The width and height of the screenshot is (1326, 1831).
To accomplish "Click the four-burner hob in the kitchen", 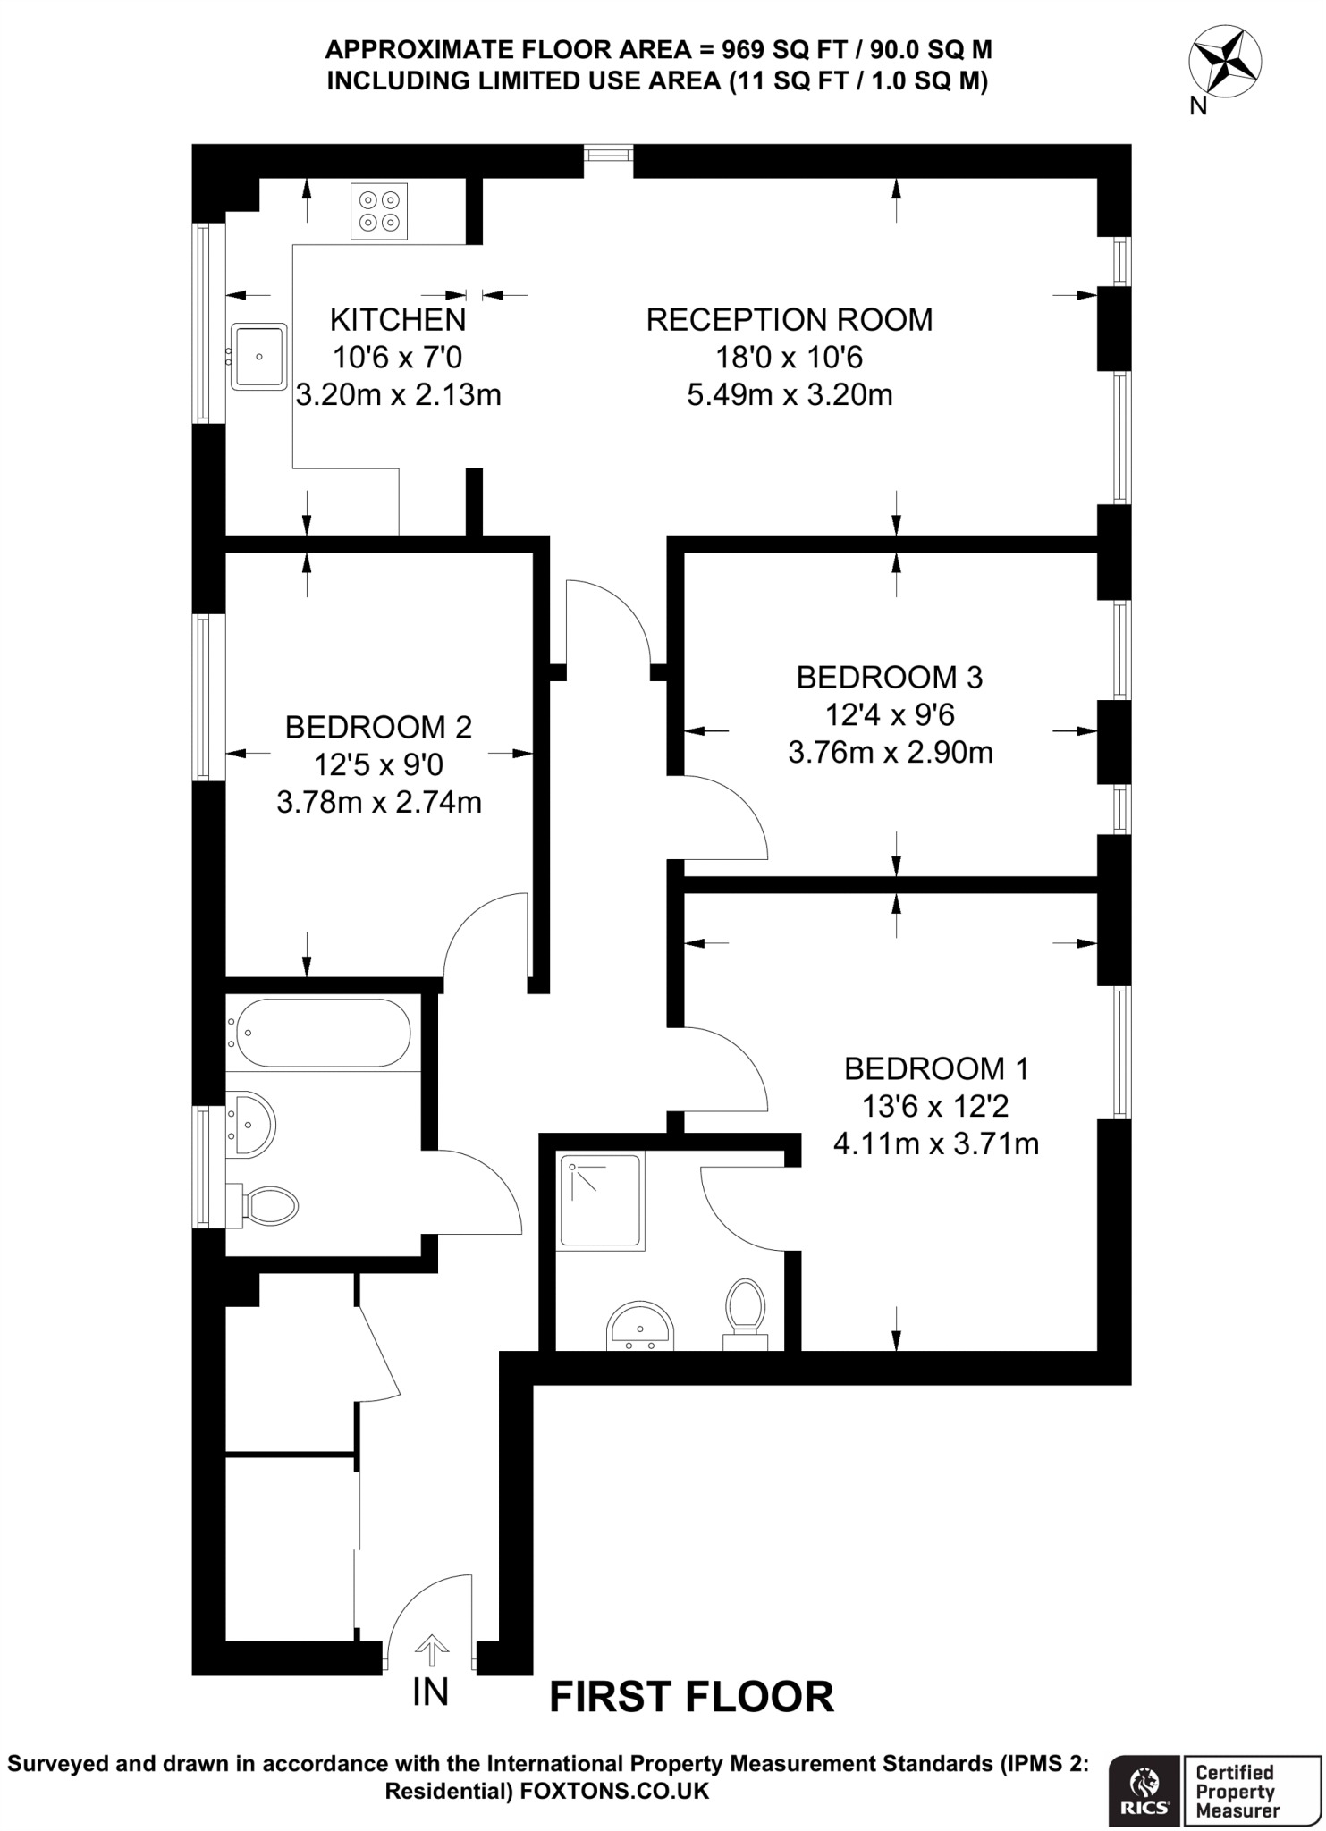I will click(379, 211).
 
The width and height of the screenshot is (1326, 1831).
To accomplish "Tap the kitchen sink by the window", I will click(258, 357).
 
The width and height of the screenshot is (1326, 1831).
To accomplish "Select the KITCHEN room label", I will click(398, 319).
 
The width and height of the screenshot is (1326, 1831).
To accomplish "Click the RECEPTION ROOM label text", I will click(789, 319).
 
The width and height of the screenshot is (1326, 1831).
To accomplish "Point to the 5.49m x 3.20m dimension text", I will click(789, 394).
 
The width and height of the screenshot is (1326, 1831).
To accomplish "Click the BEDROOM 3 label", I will click(889, 677).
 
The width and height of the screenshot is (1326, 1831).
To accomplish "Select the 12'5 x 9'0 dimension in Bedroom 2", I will click(378, 764).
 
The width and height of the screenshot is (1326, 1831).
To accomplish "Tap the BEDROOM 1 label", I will click(936, 1067).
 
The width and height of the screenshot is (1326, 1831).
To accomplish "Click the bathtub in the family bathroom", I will click(319, 1033).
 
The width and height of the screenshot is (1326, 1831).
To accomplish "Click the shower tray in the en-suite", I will click(601, 1201).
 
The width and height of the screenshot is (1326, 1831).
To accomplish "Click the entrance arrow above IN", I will click(432, 1650).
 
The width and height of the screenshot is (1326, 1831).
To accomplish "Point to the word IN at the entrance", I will click(430, 1692).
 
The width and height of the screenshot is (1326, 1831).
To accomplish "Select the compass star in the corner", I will click(1225, 62).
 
